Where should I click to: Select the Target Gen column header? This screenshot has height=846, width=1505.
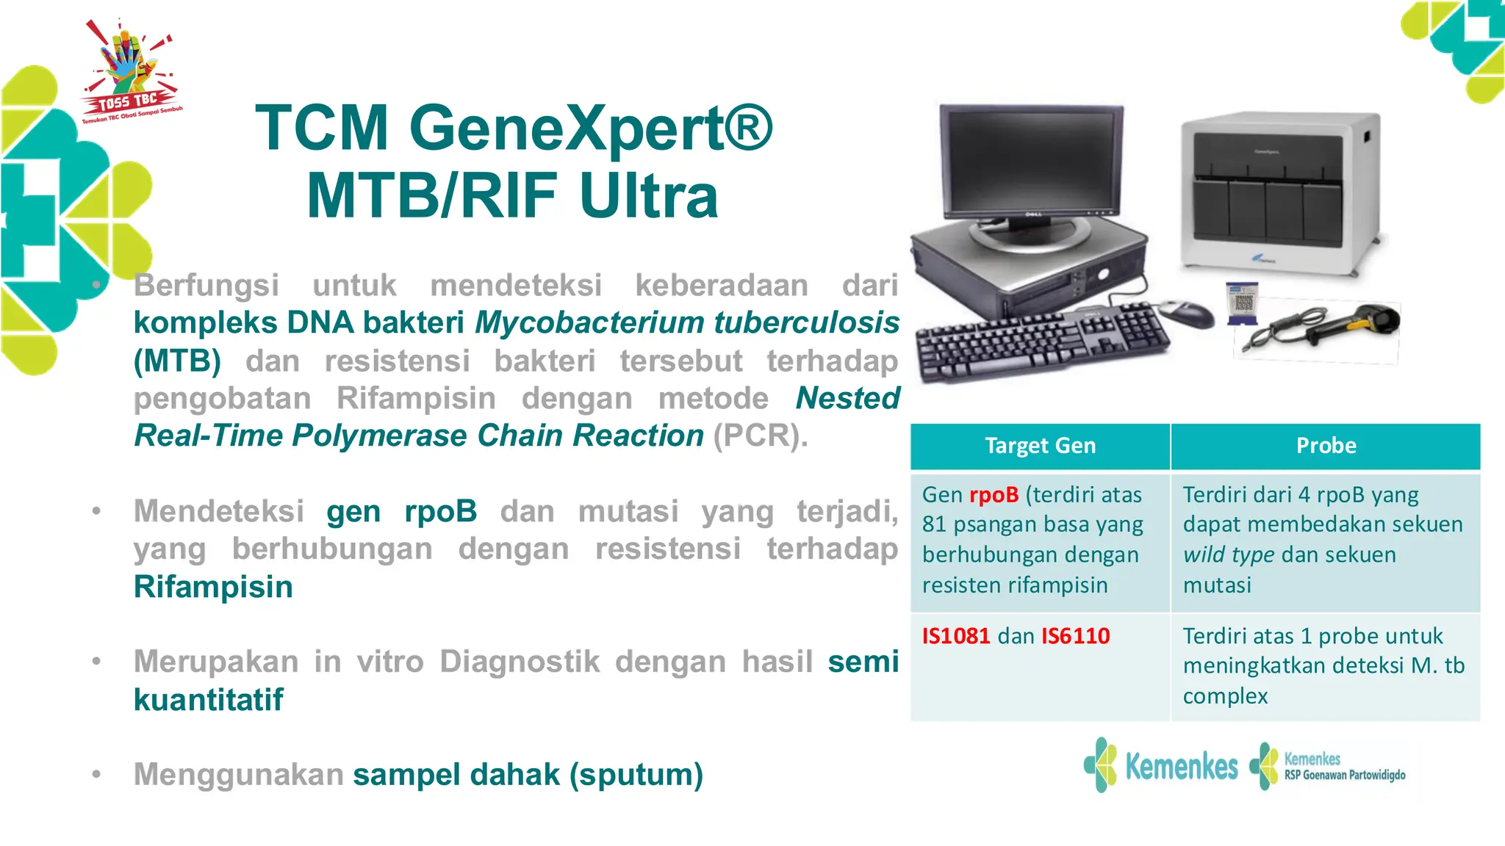pos(1040,446)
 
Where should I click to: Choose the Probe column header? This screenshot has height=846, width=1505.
pos(1326,446)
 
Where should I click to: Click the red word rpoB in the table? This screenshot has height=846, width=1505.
pos(994,495)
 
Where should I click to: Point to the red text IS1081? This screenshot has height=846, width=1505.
pos(956,636)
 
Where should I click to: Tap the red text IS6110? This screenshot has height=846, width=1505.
pos(1076,636)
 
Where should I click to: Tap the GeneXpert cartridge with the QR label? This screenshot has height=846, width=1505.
pos(1243,303)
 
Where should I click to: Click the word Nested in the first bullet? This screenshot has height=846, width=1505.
pos(847,398)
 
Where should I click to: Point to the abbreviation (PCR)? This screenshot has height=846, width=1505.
pos(760,435)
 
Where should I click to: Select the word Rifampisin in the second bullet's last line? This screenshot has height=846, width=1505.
pos(213,587)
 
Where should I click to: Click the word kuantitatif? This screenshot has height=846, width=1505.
pos(209,700)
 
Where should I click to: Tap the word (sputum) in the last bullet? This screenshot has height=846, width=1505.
pos(636,775)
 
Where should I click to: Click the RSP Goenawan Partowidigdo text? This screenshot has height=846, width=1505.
pos(1345,775)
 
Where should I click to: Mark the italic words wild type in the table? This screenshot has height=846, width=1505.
pos(1228,554)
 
